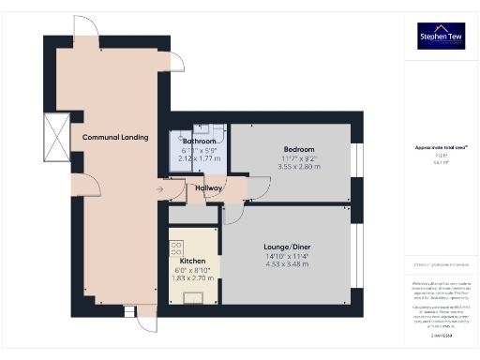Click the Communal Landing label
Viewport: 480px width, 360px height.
tap(115, 138)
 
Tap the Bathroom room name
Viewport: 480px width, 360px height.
tap(199, 142)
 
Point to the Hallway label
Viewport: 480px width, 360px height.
tap(208, 188)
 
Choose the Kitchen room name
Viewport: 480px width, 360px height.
tap(192, 261)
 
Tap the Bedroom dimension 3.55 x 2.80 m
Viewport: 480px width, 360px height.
tap(299, 166)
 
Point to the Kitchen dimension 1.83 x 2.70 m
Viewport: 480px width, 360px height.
tap(192, 277)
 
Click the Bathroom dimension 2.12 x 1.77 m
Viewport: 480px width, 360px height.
tap(199, 158)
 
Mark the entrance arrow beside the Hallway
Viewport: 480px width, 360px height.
tap(159, 189)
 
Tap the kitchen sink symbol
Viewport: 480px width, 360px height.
tap(194, 298)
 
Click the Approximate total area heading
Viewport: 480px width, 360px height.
tap(441, 146)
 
